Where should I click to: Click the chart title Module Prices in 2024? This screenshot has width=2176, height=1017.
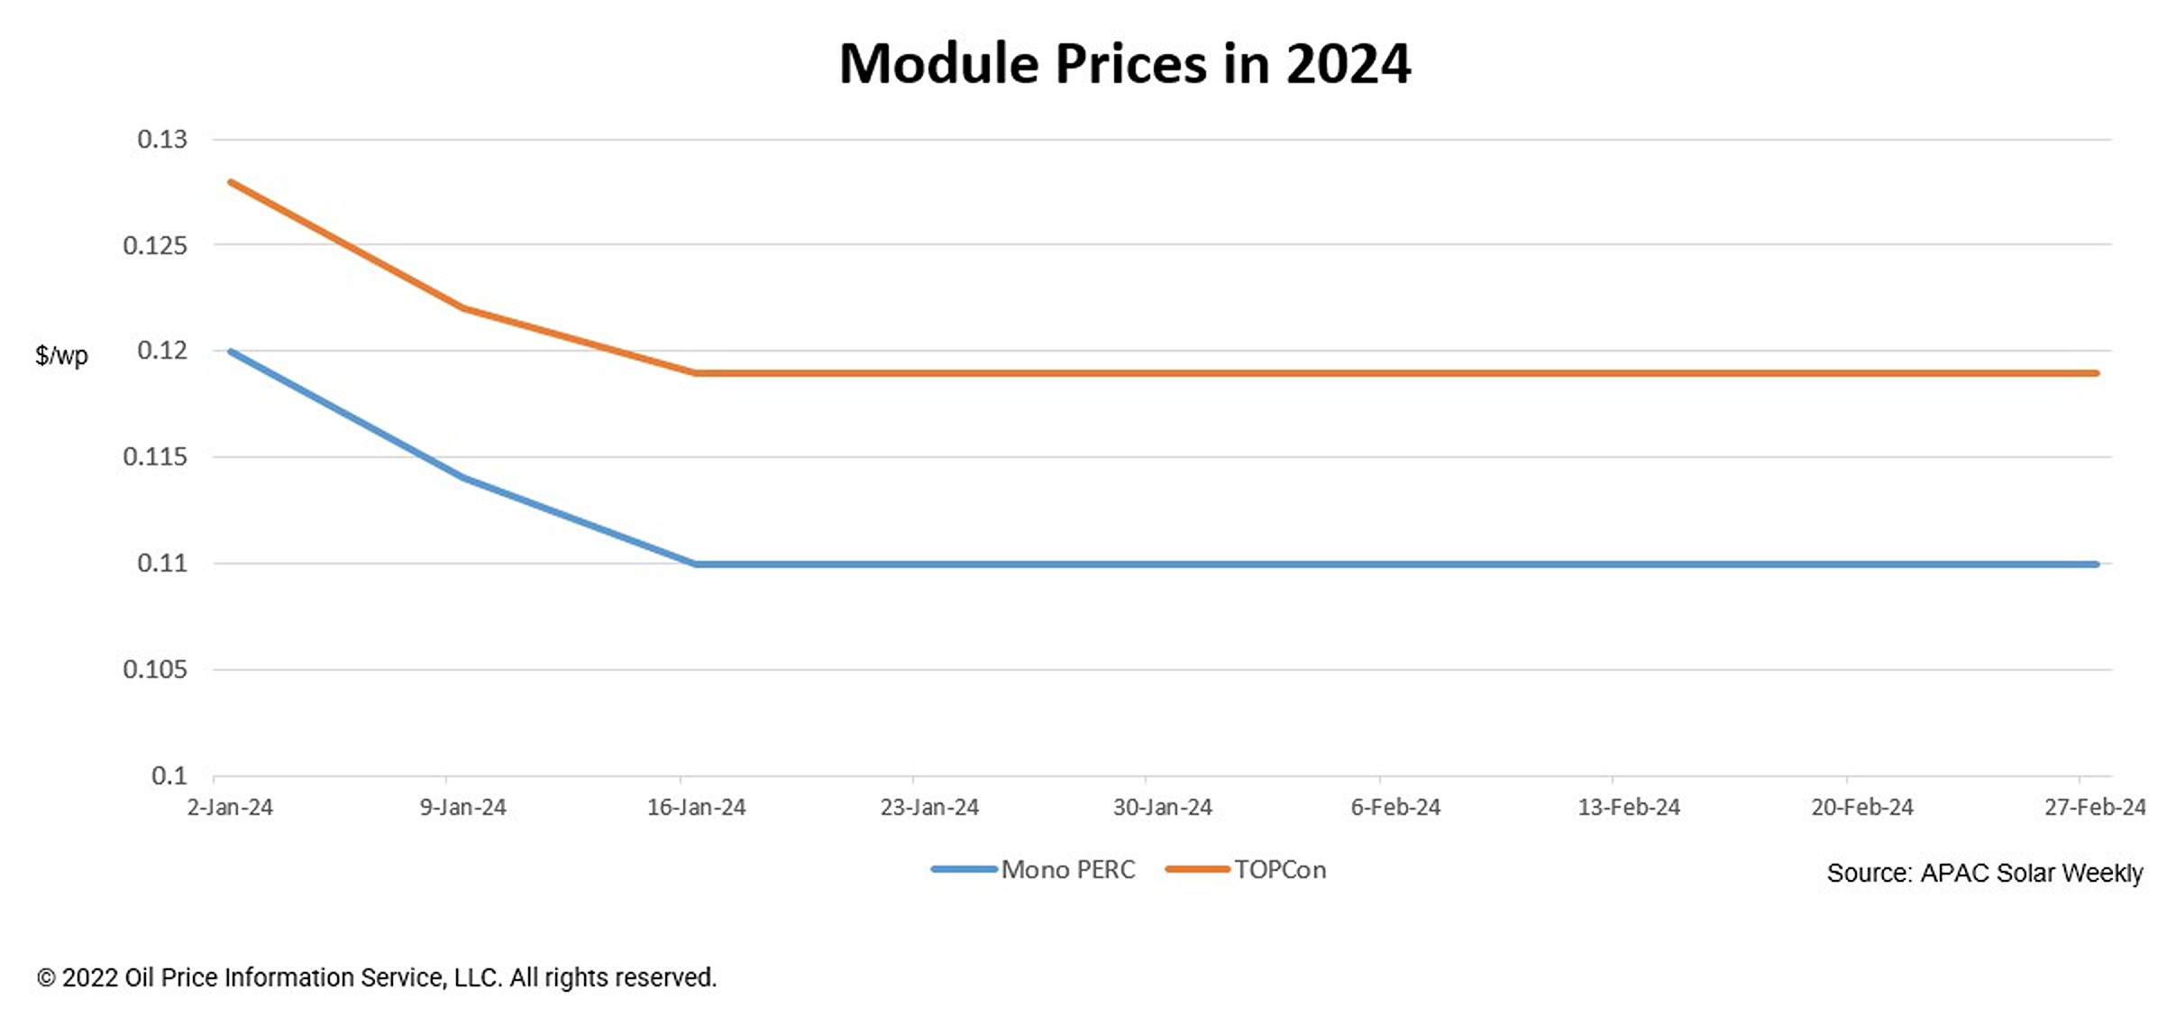[x=1124, y=64]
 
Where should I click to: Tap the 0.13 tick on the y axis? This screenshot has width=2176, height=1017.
[x=162, y=139]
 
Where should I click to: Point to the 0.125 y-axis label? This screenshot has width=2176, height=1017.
[x=155, y=245]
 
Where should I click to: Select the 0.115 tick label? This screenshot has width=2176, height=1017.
[x=155, y=457]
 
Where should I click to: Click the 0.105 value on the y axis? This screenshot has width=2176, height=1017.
[x=155, y=669]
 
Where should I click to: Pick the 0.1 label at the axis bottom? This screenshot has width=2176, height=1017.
[x=169, y=775]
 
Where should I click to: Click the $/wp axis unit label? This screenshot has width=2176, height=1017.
[x=61, y=355]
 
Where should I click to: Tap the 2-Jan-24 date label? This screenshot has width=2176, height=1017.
[x=230, y=807]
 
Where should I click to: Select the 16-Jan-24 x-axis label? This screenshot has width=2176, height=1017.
[x=696, y=807]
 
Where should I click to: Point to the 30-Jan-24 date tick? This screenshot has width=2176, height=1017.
[x=1162, y=807]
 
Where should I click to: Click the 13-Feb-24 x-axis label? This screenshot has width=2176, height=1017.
[x=1629, y=807]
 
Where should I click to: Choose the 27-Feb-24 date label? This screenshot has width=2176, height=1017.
[x=2095, y=807]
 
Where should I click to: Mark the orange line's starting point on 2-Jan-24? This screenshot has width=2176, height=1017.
[x=231, y=182]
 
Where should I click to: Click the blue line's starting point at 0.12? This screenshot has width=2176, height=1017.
[x=231, y=351]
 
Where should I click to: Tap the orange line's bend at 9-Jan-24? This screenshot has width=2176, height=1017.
[x=463, y=308]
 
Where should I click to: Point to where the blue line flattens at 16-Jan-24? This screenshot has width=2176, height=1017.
[x=696, y=564]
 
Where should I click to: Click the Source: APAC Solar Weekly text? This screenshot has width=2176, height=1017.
[x=1984, y=873]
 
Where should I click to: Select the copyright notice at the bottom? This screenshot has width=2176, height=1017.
[x=377, y=977]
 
